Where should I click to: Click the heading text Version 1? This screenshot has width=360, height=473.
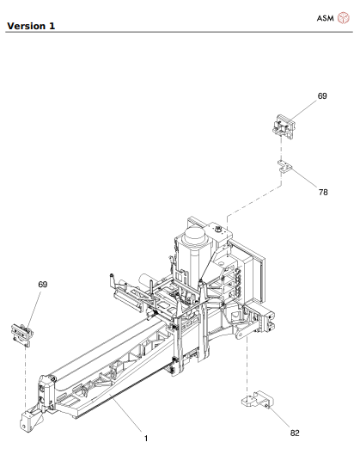pos(31,26)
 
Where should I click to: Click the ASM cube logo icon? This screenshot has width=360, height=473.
pos(344,19)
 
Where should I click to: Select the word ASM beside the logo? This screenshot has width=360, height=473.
pos(326,19)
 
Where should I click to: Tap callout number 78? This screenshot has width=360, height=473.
pos(322,192)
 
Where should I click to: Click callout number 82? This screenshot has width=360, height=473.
pos(295,433)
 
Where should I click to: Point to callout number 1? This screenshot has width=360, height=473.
pos(145,439)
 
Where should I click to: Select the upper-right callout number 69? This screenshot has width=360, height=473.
pos(321,97)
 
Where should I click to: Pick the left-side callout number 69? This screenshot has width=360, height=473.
pos(42,284)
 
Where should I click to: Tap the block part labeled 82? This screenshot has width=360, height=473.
pos(255,399)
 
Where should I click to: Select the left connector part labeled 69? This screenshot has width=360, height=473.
pos(20,331)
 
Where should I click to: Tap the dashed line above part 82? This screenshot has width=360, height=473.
pos(248,361)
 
